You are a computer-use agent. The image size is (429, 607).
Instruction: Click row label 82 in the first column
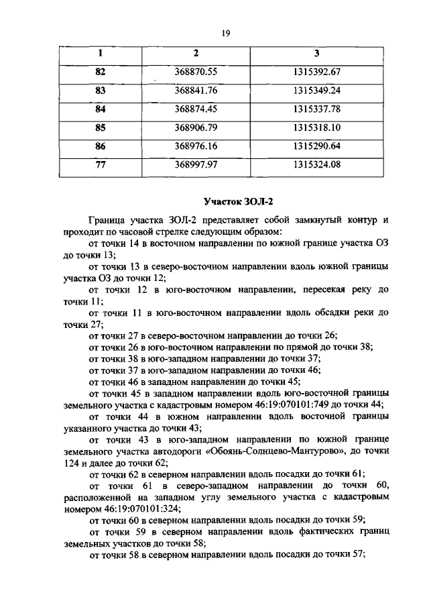click(101, 71)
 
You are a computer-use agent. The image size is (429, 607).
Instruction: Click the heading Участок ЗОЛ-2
click(239, 201)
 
